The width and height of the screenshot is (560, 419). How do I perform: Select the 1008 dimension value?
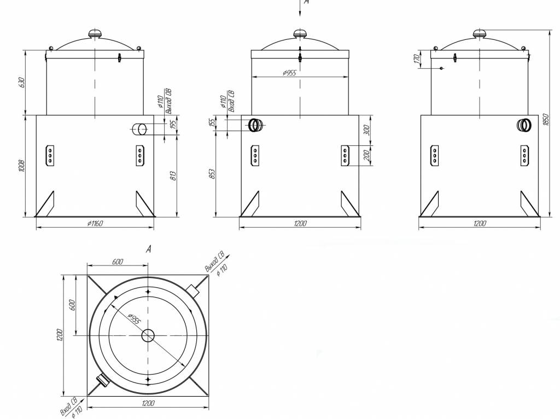21,166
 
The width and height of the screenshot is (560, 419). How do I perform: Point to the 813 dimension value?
173,175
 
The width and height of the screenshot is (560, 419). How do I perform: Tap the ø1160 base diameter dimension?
95,223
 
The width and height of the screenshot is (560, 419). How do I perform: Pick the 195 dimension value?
173,125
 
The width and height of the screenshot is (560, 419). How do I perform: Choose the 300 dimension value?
367,130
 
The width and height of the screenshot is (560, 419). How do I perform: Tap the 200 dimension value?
367,156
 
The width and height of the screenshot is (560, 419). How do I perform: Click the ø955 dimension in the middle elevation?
290,73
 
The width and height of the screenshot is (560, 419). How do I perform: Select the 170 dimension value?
417,58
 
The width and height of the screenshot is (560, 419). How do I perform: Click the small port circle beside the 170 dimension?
441,68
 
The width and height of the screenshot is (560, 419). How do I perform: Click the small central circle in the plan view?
148,335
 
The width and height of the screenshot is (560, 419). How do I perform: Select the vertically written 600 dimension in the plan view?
72,305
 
